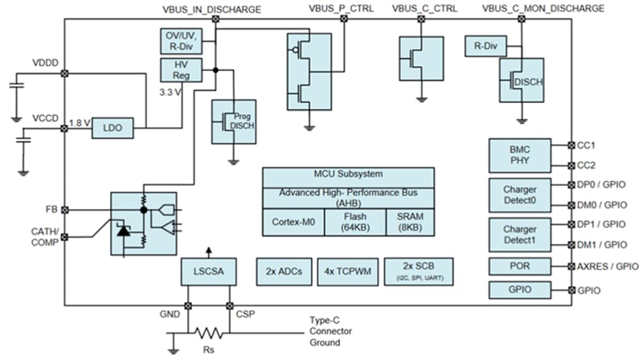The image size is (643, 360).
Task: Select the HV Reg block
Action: pos(179,72)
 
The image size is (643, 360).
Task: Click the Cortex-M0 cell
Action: pos(293,222)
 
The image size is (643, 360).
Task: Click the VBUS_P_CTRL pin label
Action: pos(342,8)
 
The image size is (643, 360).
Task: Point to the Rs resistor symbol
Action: pos(207,332)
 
